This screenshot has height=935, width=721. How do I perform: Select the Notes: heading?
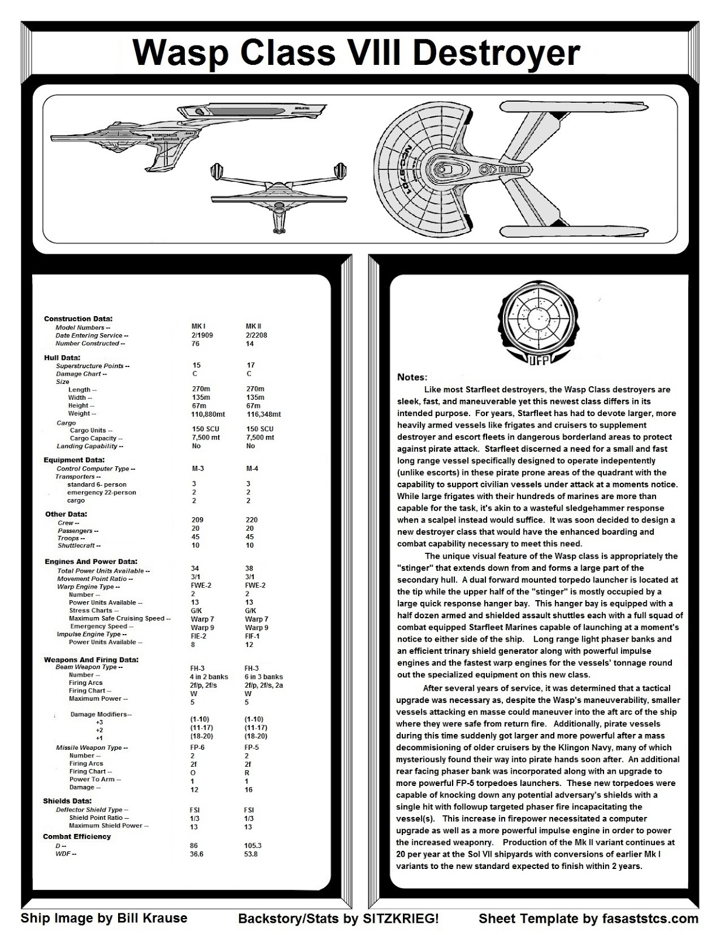pyautogui.click(x=412, y=377)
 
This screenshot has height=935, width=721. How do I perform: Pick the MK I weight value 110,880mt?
pyautogui.click(x=208, y=414)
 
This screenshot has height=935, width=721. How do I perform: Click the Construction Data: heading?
pyautogui.click(x=78, y=318)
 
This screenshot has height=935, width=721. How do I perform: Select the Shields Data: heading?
pyautogui.click(x=67, y=801)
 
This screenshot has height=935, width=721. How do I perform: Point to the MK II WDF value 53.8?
pyautogui.click(x=250, y=854)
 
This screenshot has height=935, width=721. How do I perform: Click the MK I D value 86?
pyautogui.click(x=194, y=845)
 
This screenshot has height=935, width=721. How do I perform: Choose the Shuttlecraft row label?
pyautogui.click(x=79, y=545)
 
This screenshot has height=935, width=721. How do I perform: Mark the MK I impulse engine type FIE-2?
pyautogui.click(x=199, y=636)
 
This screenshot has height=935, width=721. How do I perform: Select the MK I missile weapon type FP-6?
pyautogui.click(x=198, y=747)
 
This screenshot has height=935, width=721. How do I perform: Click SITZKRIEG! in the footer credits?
pyautogui.click(x=400, y=918)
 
